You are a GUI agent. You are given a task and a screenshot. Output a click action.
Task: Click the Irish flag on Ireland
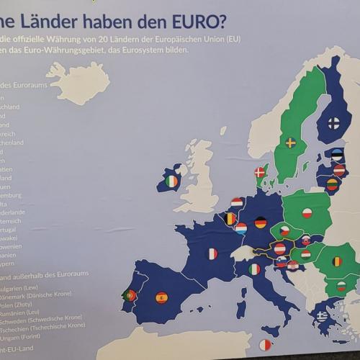[171, 181]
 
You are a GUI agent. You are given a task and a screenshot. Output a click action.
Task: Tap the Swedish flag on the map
[291, 143]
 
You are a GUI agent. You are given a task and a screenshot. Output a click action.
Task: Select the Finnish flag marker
[334, 123]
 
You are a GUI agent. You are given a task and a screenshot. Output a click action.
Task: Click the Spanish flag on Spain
[162, 297]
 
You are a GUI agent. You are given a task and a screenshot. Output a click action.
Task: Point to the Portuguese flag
[131, 295]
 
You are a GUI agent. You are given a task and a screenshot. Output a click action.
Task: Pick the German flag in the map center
[261, 222]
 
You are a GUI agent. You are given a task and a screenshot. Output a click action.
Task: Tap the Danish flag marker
[261, 173]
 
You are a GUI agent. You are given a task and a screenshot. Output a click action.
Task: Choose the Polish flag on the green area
[307, 213]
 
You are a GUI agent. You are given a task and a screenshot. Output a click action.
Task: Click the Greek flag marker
[322, 315]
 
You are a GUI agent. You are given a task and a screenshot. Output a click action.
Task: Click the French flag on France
[212, 253]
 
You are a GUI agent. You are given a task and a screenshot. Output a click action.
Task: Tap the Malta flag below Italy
[266, 345]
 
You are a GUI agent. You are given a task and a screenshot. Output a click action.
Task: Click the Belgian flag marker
[231, 217]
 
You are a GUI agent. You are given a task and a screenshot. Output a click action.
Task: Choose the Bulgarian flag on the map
[342, 287]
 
